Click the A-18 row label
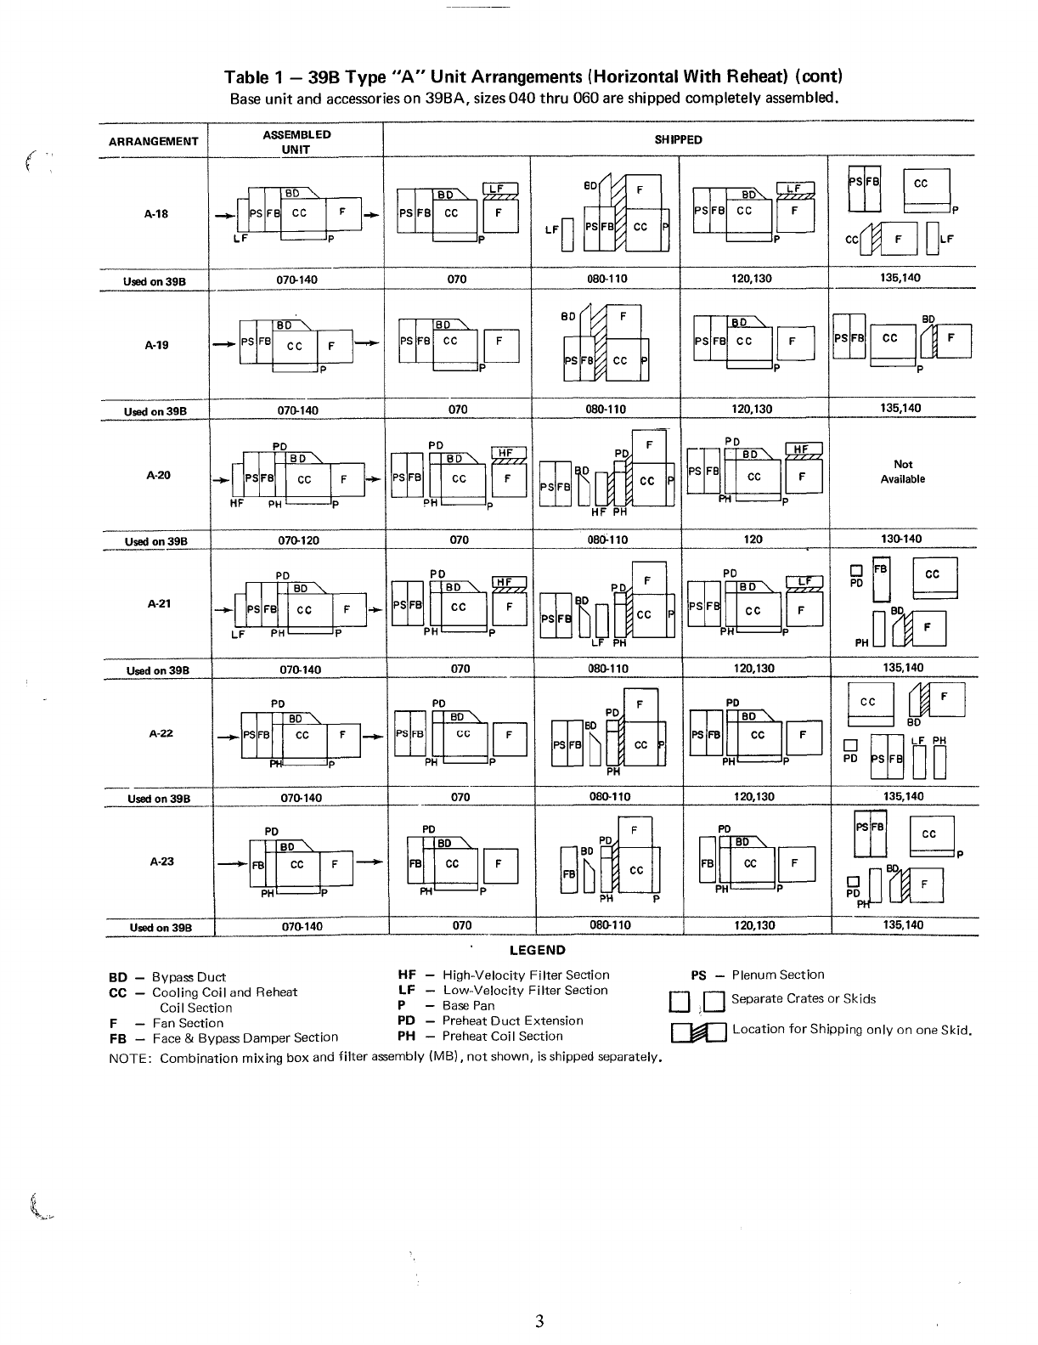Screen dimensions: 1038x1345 [x=156, y=214]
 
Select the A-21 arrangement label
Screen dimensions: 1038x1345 [x=159, y=604]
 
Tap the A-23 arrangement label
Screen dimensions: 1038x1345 [x=161, y=862]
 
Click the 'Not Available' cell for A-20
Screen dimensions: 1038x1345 [x=903, y=472]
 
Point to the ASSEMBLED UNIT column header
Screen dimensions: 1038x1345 [x=296, y=142]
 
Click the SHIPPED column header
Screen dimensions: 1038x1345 [x=678, y=140]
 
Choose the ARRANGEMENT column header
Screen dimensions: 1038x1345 [x=154, y=142]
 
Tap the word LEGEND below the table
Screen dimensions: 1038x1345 [x=537, y=950]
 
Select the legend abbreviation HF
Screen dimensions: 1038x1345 [x=406, y=975]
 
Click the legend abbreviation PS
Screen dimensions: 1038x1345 [x=698, y=975]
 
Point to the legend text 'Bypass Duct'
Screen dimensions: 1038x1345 [x=189, y=978]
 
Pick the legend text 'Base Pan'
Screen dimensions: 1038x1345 [x=468, y=1006]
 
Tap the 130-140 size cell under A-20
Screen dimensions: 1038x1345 [x=902, y=540]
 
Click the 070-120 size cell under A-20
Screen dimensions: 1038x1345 [x=297, y=540]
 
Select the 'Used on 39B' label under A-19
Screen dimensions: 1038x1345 [x=155, y=412]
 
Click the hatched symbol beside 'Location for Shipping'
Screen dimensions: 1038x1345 [x=699, y=1032]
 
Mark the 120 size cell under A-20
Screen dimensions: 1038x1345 [x=753, y=540]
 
